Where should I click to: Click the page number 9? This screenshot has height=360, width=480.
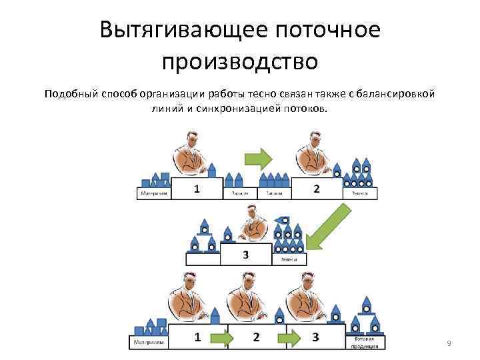(x=449, y=343)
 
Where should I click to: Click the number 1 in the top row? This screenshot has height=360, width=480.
(x=197, y=189)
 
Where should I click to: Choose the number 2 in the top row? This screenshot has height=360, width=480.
(x=316, y=189)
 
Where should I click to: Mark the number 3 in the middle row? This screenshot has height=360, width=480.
(x=245, y=255)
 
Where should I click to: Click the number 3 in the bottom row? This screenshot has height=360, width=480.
(x=315, y=336)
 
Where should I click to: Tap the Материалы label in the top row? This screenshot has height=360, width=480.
(x=153, y=194)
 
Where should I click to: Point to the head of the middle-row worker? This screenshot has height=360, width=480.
(x=251, y=212)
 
